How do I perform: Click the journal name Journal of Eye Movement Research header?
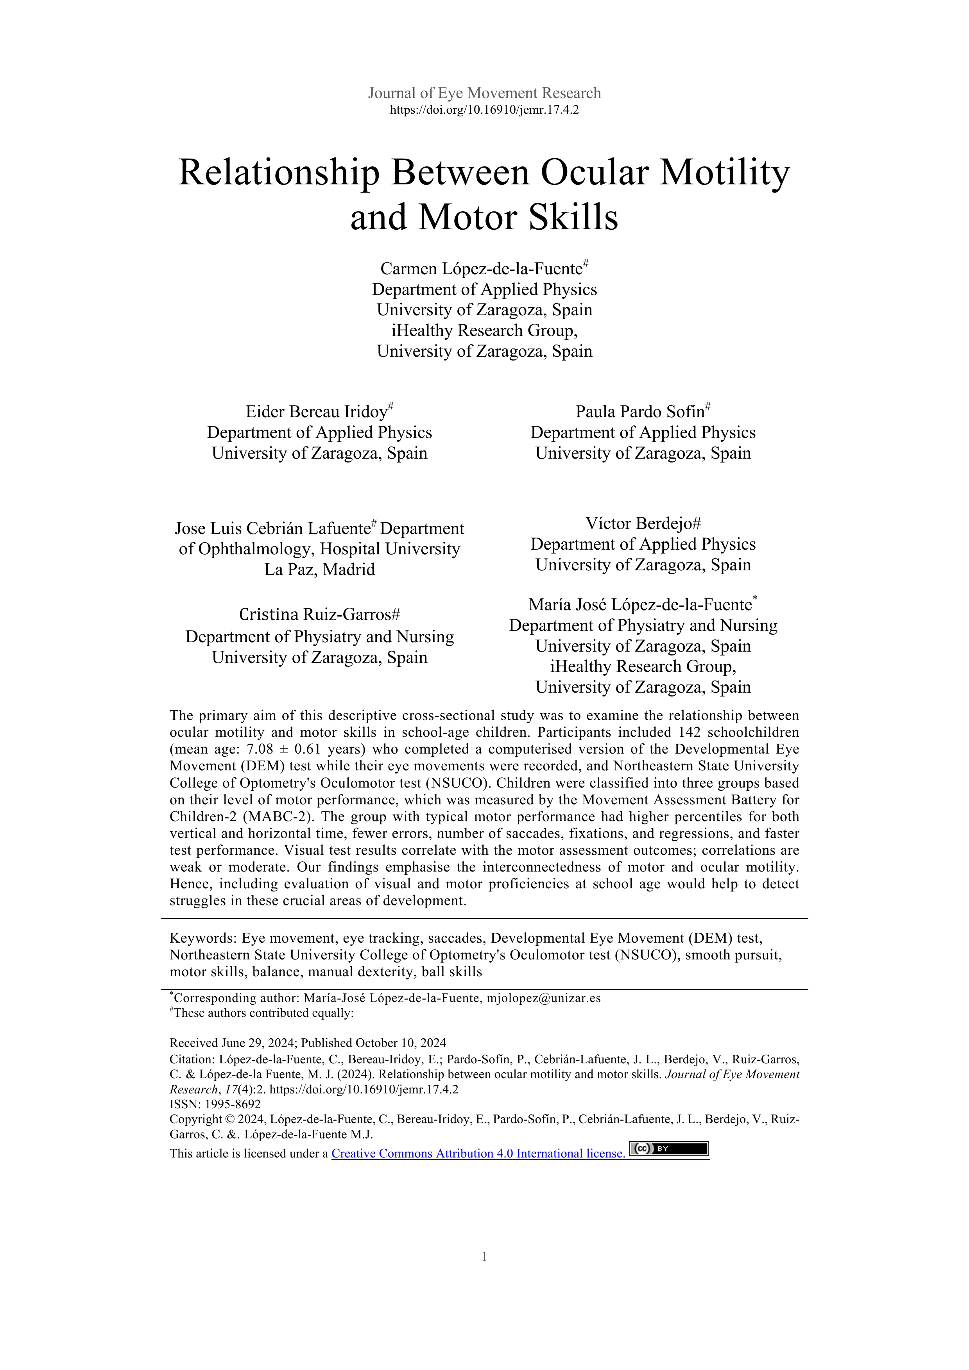pyautogui.click(x=484, y=93)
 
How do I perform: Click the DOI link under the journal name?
pyautogui.click(x=484, y=110)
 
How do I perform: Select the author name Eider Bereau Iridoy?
pyautogui.click(x=317, y=412)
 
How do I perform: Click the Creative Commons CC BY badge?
pyautogui.click(x=669, y=1149)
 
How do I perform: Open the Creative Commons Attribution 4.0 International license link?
pyautogui.click(x=478, y=1154)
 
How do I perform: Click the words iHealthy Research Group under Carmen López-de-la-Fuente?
pyautogui.click(x=484, y=330)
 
